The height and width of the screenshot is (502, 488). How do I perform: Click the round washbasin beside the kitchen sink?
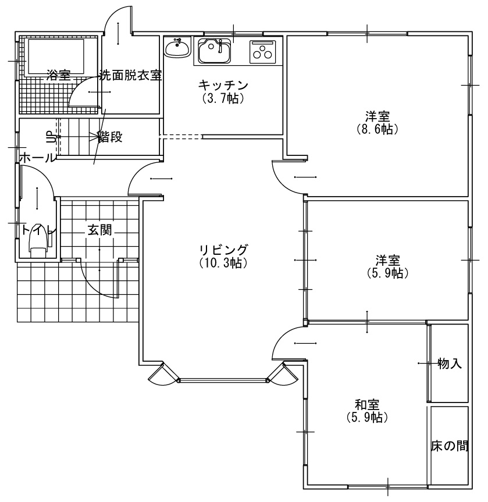pyautogui.click(x=177, y=48)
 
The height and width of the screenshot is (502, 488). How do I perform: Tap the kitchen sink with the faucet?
pyautogui.click(x=214, y=51)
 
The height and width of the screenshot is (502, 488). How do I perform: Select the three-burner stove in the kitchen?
pyautogui.click(x=262, y=52)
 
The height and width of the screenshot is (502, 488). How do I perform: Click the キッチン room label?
pyautogui.click(x=223, y=86)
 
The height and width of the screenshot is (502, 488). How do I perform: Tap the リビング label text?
pyautogui.click(x=223, y=250)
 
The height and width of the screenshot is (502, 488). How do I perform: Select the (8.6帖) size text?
pyautogui.click(x=377, y=129)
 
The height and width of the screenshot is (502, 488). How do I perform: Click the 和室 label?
pyautogui.click(x=367, y=405)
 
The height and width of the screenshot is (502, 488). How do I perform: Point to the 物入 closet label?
pyautogui.click(x=450, y=364)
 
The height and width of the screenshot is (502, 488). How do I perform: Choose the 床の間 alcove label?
pyautogui.click(x=450, y=446)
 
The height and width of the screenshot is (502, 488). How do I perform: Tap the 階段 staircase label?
pyautogui.click(x=110, y=137)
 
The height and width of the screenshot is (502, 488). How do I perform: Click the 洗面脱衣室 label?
pyautogui.click(x=130, y=76)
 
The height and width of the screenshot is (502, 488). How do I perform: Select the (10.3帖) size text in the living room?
pyautogui.click(x=223, y=263)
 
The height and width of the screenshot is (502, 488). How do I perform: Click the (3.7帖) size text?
pyautogui.click(x=223, y=98)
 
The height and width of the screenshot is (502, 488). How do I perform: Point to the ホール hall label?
pyautogui.click(x=38, y=158)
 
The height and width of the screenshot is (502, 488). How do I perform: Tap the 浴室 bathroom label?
pyautogui.click(x=59, y=75)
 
